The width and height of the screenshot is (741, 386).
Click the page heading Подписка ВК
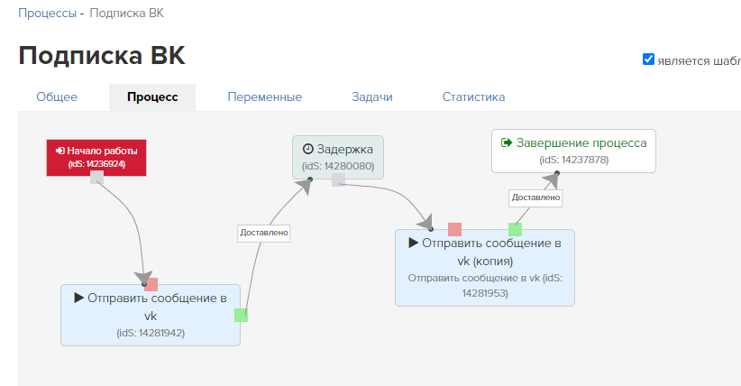(102, 56)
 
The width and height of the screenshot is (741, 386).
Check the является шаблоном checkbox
(648, 60)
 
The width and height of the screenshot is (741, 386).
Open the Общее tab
(57, 97)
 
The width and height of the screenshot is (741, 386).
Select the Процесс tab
(152, 97)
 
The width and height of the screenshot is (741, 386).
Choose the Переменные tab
(264, 97)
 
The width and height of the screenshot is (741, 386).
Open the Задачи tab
(372, 97)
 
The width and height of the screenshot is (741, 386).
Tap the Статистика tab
(473, 97)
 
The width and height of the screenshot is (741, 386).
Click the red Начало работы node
(97, 157)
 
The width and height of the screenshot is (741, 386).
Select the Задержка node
(338, 155)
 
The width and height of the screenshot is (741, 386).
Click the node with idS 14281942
(151, 316)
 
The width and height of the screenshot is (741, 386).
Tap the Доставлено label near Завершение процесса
(535, 197)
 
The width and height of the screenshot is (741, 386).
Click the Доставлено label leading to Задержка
(264, 233)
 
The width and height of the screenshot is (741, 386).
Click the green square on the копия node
(515, 229)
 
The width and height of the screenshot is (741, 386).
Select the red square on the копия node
(455, 229)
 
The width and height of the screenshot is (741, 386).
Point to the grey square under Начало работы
(96, 178)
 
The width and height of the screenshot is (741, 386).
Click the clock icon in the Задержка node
(307, 149)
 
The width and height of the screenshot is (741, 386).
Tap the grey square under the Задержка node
(338, 180)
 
